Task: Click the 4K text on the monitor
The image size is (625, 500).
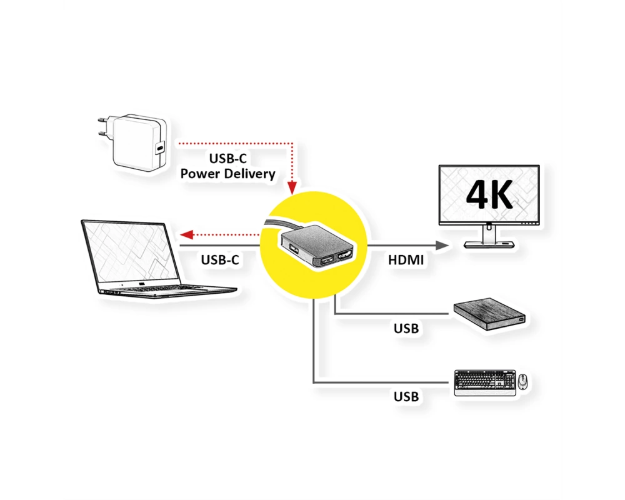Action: pyautogui.click(x=489, y=194)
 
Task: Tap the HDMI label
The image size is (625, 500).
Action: pyautogui.click(x=406, y=260)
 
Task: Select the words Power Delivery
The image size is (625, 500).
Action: pyautogui.click(x=227, y=174)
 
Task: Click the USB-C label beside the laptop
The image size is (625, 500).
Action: pyautogui.click(x=219, y=260)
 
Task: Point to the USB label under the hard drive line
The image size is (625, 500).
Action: pyautogui.click(x=406, y=329)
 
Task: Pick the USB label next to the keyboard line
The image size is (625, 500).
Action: pyautogui.click(x=406, y=397)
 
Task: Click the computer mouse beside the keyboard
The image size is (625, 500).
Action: pyautogui.click(x=522, y=382)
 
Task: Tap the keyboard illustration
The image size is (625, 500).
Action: pyautogui.click(x=485, y=382)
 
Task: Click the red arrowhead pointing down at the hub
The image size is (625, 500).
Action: pyautogui.click(x=292, y=187)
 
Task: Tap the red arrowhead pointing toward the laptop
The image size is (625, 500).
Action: pyautogui.click(x=187, y=234)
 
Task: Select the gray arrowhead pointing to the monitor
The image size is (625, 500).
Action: pyautogui.click(x=442, y=246)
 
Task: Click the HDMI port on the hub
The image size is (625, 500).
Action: pyautogui.click(x=345, y=256)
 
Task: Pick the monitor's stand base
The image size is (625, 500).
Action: pyautogui.click(x=489, y=244)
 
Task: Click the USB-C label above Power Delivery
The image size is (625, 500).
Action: pyautogui.click(x=227, y=158)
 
